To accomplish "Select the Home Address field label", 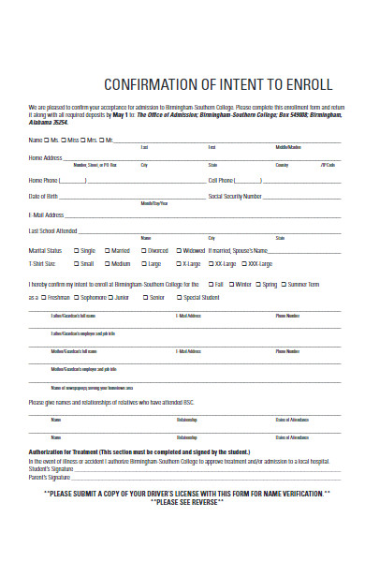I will tap(46, 157).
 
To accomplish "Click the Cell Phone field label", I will tap(221, 179).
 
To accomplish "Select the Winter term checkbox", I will tap(231, 283).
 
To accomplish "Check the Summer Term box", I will tap(285, 283).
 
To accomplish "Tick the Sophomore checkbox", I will tap(77, 298).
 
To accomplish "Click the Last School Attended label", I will tap(53, 230).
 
